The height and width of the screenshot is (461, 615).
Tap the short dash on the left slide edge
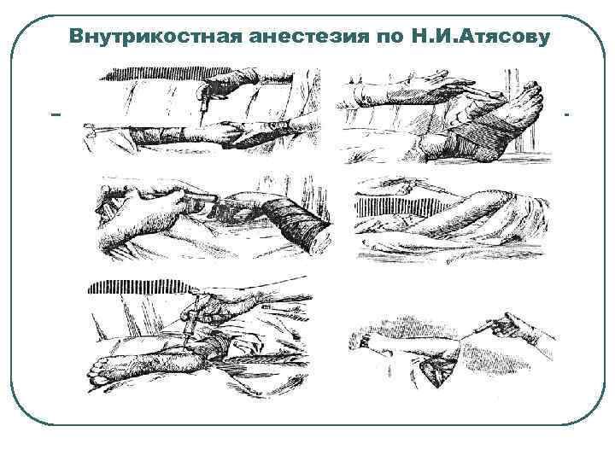(56, 114)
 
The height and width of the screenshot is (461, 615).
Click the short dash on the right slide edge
(565, 114)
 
